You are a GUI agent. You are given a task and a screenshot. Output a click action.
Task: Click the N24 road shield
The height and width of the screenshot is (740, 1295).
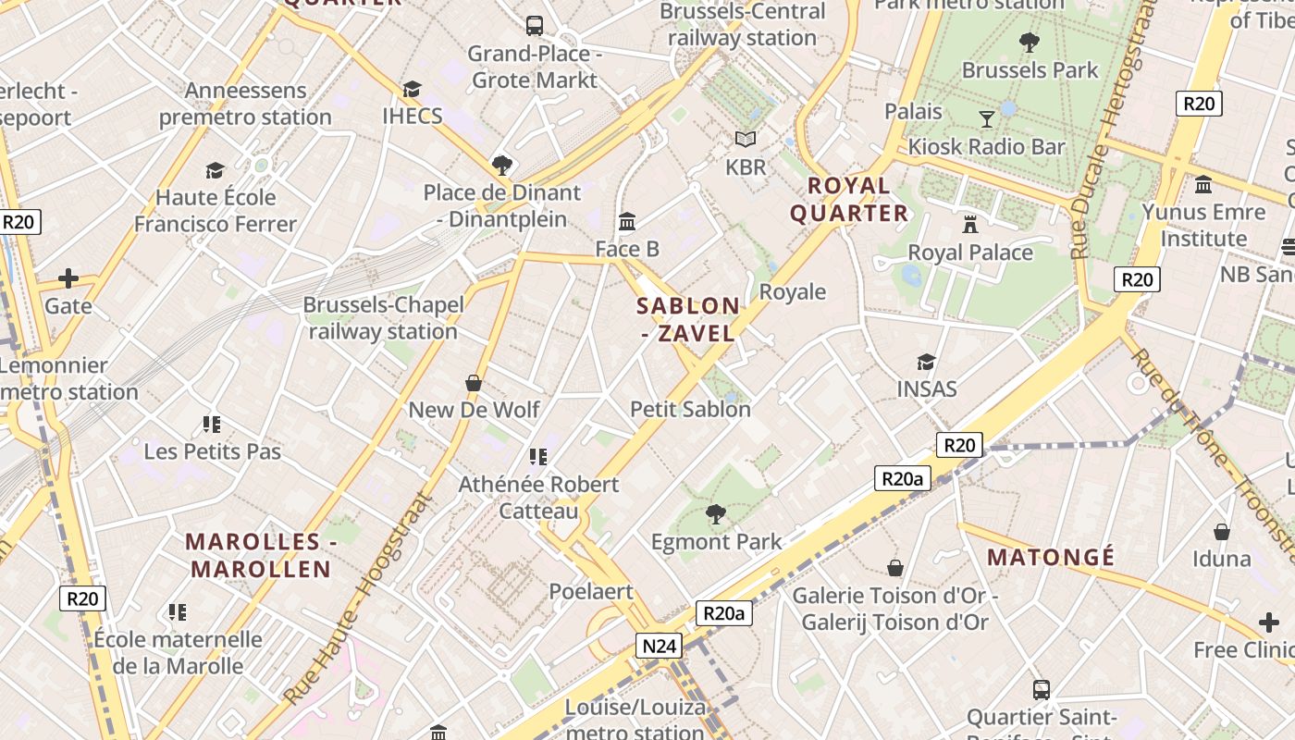(660, 646)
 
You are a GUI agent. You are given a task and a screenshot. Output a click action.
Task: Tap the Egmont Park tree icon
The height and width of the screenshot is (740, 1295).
(715, 513)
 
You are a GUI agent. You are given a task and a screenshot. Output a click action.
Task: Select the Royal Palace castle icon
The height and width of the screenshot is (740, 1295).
(970, 224)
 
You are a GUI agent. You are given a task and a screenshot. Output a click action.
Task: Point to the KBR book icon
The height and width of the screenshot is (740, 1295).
(746, 140)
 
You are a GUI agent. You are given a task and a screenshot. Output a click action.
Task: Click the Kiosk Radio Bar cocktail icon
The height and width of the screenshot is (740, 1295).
(987, 118)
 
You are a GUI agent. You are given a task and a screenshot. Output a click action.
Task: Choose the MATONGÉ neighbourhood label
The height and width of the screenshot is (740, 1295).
(1051, 558)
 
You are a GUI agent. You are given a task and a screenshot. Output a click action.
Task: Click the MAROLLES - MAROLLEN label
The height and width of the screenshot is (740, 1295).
(258, 555)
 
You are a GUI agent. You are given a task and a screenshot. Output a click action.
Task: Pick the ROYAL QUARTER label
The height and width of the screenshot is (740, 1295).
(848, 199)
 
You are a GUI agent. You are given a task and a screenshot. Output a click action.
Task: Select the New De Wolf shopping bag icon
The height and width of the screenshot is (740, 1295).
(474, 382)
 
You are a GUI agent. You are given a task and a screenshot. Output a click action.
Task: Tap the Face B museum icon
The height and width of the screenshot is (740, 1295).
(627, 221)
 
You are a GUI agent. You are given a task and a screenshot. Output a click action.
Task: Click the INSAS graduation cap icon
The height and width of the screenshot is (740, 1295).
(926, 362)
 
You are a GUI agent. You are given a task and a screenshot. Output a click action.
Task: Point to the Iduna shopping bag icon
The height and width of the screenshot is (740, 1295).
(1222, 532)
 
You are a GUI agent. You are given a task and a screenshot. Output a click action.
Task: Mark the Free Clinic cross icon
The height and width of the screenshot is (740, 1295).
(1268, 623)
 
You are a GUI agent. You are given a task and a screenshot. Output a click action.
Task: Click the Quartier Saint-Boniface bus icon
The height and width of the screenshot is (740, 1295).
(1042, 689)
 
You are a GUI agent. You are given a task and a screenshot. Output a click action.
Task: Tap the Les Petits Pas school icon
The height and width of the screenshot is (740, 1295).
(212, 425)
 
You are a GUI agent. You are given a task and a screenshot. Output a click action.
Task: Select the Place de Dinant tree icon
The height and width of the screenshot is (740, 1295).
(502, 166)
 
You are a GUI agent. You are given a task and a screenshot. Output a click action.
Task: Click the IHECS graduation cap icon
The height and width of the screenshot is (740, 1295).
(412, 89)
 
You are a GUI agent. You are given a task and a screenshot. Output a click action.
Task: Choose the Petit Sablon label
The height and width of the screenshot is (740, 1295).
(690, 409)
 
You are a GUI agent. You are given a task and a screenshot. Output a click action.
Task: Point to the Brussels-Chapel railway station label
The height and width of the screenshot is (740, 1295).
(383, 318)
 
